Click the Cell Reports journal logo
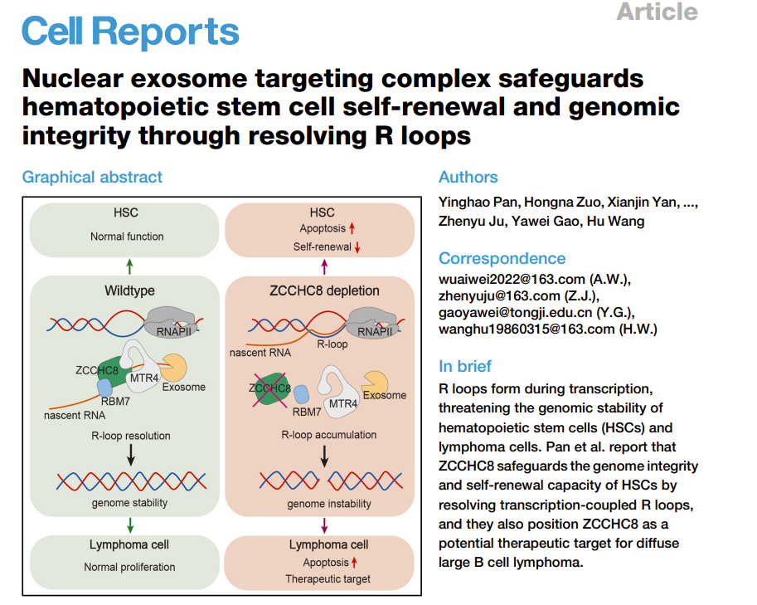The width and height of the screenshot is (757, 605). pyautogui.click(x=130, y=32)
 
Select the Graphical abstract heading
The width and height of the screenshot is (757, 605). pyautogui.click(x=92, y=177)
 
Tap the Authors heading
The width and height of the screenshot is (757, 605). pyautogui.click(x=468, y=177)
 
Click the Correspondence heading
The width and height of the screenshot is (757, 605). pyautogui.click(x=502, y=258)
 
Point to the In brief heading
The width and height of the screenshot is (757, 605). pyautogui.click(x=464, y=366)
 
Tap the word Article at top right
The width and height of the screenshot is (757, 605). pyautogui.click(x=657, y=12)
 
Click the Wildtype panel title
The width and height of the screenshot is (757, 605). pyautogui.click(x=129, y=290)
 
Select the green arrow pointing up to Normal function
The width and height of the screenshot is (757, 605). pyautogui.click(x=129, y=266)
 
